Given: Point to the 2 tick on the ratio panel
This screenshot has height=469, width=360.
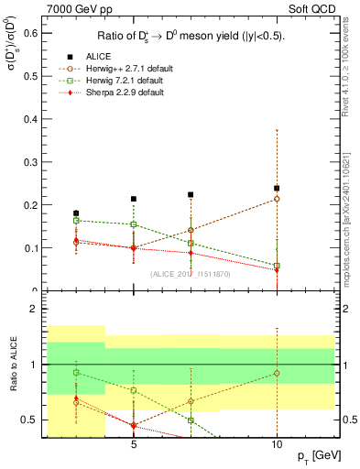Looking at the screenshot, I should [x=37, y=310].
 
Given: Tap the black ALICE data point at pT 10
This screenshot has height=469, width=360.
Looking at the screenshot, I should [x=277, y=189].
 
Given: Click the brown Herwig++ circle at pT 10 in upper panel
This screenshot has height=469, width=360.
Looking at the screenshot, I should [x=277, y=199].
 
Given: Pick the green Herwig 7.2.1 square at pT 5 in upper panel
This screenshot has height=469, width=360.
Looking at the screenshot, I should [x=134, y=224].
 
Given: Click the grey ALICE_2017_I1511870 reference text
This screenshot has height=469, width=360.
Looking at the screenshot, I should [x=191, y=274].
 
